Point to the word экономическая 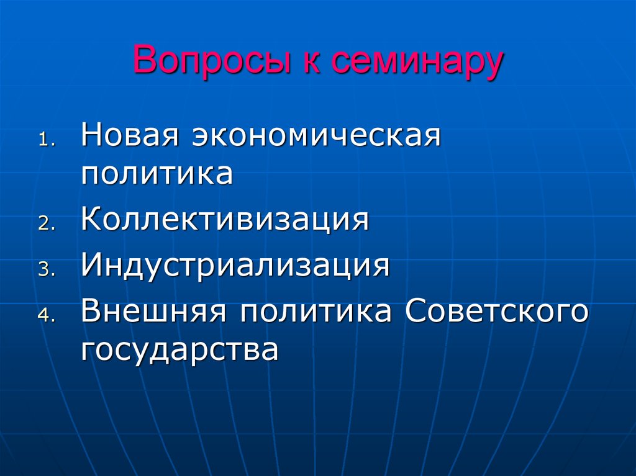pyautogui.click(x=316, y=135)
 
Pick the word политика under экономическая pyautogui.click(x=157, y=173)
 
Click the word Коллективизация pyautogui.click(x=225, y=220)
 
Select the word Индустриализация pyautogui.click(x=235, y=266)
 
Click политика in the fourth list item pyautogui.click(x=316, y=312)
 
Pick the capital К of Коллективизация pyautogui.click(x=91, y=220)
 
